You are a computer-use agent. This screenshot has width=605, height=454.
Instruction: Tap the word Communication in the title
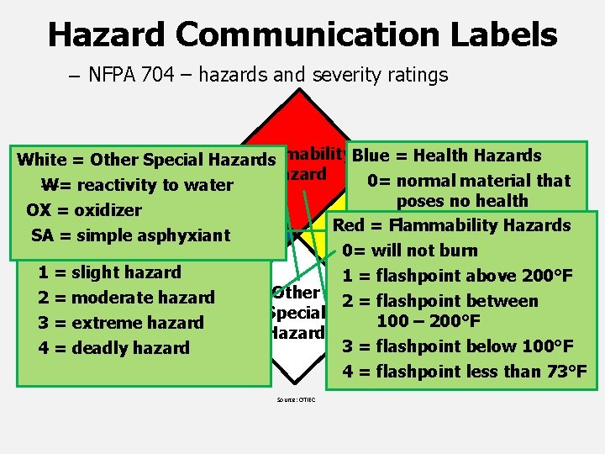[307, 35]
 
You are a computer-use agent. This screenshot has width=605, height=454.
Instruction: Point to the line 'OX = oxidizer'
[84, 210]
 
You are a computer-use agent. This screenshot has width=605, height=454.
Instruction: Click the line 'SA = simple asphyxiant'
[130, 235]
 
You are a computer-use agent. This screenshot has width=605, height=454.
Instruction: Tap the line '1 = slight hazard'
[110, 272]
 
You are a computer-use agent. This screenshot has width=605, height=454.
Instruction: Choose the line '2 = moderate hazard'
[127, 298]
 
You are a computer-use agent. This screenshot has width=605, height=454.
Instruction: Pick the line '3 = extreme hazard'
[121, 323]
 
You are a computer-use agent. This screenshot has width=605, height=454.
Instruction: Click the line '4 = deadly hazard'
[114, 348]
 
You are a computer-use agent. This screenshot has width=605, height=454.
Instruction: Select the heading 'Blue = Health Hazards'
[447, 156]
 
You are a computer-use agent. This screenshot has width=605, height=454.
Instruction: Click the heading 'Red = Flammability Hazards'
[452, 225]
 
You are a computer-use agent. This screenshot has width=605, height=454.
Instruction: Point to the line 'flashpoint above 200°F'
[474, 276]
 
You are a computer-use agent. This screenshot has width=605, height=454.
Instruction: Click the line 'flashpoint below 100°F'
[475, 346]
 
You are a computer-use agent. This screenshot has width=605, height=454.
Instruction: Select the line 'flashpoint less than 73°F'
[481, 372]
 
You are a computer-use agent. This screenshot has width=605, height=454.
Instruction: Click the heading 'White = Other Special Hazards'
[146, 160]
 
